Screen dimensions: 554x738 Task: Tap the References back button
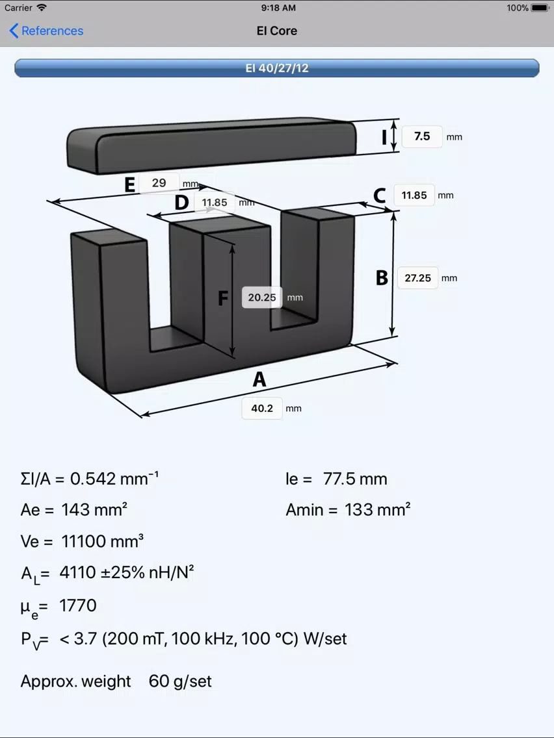[46, 31]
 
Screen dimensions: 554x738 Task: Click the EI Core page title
[277, 31]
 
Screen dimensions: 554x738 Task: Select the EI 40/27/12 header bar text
[277, 68]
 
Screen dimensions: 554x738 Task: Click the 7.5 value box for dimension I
[422, 136]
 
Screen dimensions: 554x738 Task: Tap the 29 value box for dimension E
[159, 183]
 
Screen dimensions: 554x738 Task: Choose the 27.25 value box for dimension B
[418, 277]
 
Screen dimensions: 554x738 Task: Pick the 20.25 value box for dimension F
[262, 298]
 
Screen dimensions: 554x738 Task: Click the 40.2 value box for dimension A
[262, 408]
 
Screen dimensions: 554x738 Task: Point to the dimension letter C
[380, 196]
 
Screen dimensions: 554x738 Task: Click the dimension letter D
[182, 203]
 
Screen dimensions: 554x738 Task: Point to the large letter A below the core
[259, 379]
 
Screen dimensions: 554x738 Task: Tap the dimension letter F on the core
[223, 298]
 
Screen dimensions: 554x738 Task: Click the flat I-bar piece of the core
[211, 145]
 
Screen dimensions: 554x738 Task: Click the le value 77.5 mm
[355, 479]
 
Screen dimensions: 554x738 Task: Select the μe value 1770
[78, 605]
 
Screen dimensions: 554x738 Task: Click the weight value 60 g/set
[180, 681]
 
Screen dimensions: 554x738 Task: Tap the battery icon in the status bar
[540, 8]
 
